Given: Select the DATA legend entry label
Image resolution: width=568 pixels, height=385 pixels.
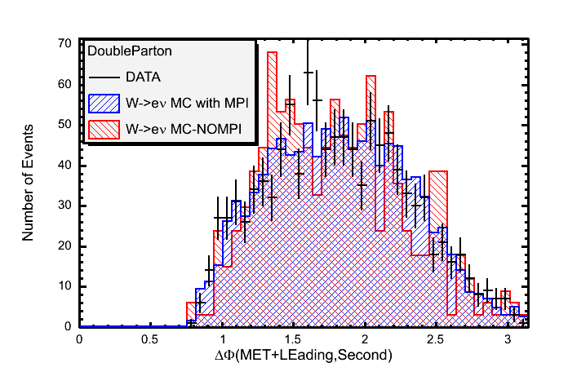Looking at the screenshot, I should tap(144, 78).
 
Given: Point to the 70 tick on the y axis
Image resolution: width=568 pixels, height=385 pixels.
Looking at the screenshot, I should tap(64, 43).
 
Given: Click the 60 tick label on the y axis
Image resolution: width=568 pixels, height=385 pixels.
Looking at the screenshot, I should tap(64, 84).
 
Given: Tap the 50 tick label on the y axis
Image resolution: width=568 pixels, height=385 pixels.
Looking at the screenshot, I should tap(64, 124).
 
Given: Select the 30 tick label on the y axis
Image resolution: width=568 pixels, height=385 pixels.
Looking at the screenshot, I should tap(64, 206).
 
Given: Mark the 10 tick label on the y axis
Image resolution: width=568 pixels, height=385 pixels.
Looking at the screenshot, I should tap(64, 286).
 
